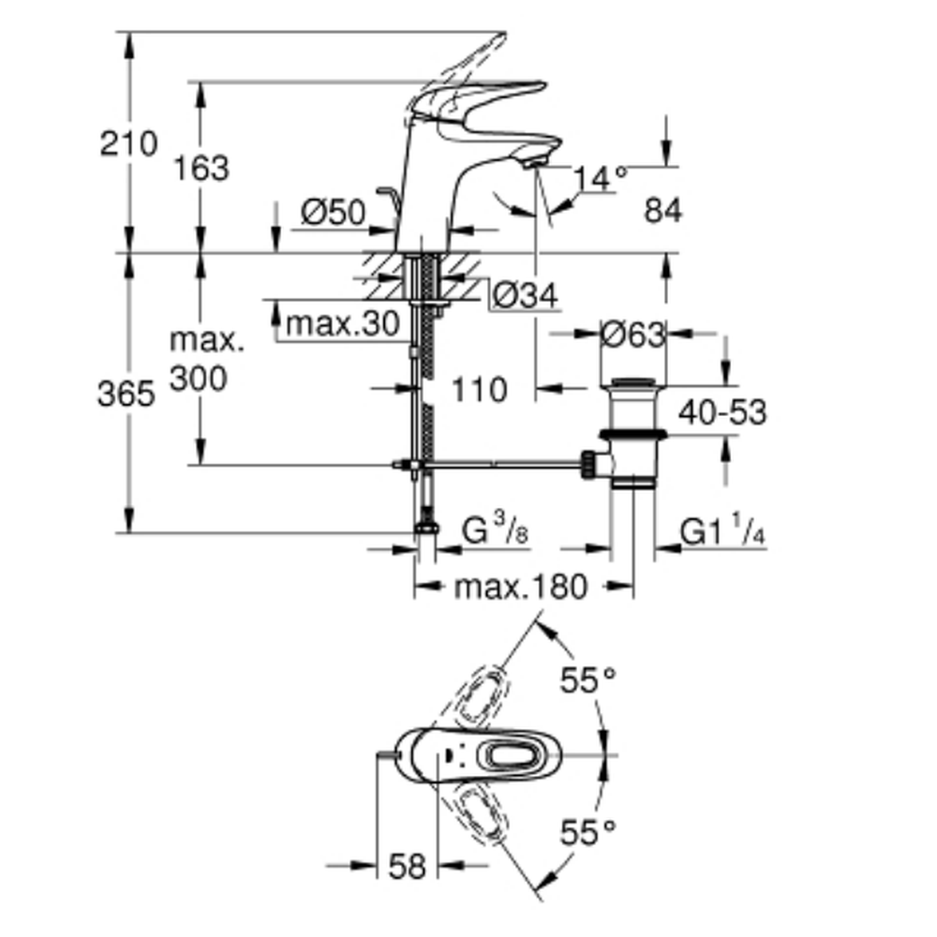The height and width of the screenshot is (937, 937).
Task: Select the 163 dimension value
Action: coord(201,169)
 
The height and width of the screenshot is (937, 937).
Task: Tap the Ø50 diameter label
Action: coord(333,214)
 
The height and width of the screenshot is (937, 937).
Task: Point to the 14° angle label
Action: coord(600,177)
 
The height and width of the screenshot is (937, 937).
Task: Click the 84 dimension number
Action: coord(663,212)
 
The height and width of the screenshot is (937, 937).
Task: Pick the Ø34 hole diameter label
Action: coord(525,296)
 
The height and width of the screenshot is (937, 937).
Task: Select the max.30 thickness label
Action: coord(343,324)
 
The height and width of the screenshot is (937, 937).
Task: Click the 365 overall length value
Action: coord(126,394)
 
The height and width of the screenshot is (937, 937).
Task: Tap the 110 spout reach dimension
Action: coord(479,388)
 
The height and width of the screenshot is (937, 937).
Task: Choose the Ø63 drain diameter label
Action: coord(632,334)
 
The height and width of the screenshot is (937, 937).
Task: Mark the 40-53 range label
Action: coord(723,411)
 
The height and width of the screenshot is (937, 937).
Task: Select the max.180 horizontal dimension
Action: coord(521,587)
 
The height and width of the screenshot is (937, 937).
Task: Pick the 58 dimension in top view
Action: coord(405,866)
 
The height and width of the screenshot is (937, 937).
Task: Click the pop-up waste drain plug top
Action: coord(632,381)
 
